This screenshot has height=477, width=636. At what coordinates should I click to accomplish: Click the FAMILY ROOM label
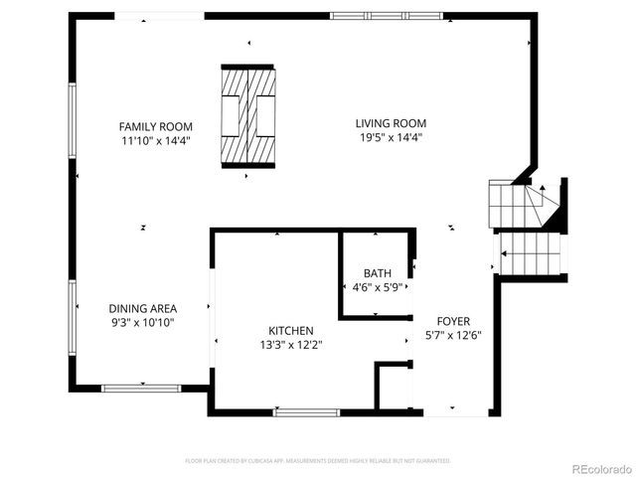pos(156,126)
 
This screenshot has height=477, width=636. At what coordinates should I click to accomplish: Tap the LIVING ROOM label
pos(392,123)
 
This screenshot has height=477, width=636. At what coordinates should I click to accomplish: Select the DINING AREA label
pos(143,308)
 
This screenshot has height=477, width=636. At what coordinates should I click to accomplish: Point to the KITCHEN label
pos(291,331)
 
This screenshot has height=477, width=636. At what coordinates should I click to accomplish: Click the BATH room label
pos(377,273)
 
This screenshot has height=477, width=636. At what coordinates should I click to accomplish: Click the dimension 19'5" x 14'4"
pos(392,137)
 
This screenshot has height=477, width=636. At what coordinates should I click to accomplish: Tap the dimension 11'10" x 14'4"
pos(156,140)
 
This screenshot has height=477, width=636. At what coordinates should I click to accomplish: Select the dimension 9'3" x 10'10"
pos(143,322)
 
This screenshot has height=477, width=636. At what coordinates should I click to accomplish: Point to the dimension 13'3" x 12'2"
pos(291,345)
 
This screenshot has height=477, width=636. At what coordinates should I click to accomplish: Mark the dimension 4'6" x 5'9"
pos(377,287)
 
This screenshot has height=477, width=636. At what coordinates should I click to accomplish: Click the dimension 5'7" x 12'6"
pos(453,336)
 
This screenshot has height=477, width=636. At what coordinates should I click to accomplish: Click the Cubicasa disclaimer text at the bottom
pos(318,461)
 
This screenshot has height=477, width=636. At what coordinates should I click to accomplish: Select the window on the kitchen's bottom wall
pos(306,411)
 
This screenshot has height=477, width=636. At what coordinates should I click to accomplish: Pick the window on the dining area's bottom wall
pos(141,388)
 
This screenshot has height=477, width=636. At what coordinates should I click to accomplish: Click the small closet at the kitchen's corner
pos(392,387)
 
